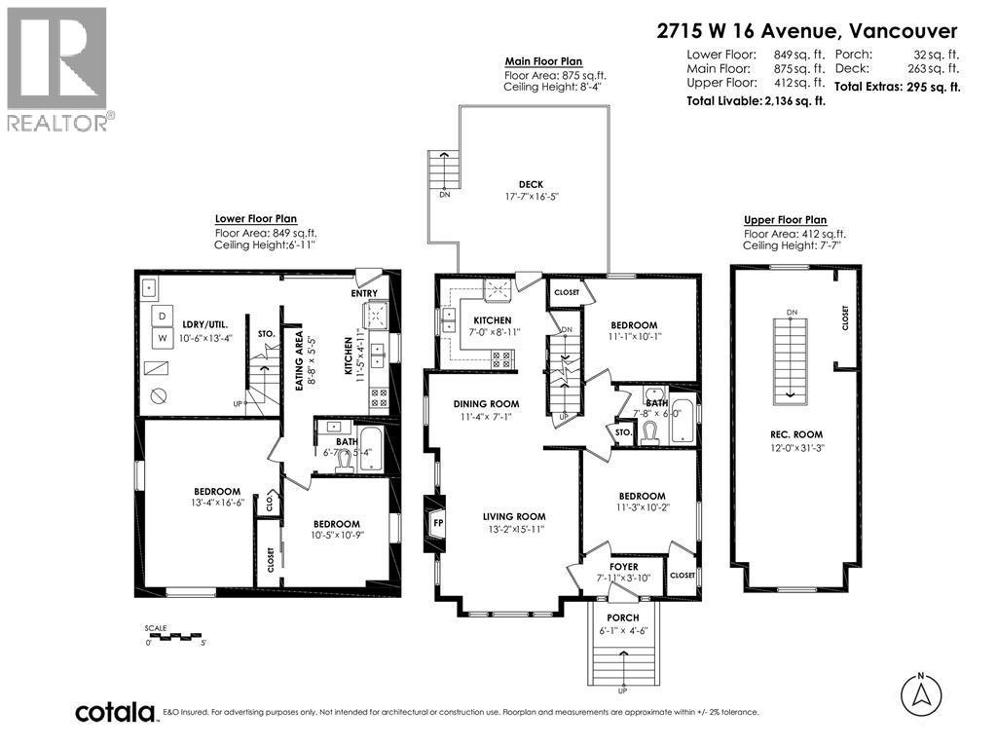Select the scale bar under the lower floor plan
tap(175, 637)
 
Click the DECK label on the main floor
tap(531, 184)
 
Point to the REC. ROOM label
tap(795, 434)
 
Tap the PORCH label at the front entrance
tap(622, 617)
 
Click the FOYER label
tap(623, 566)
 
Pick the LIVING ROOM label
tap(514, 516)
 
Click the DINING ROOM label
tap(486, 403)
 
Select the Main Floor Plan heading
tap(543, 61)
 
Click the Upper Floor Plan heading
tap(785, 220)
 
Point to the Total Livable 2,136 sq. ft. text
tap(756, 101)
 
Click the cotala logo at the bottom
tap(116, 711)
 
